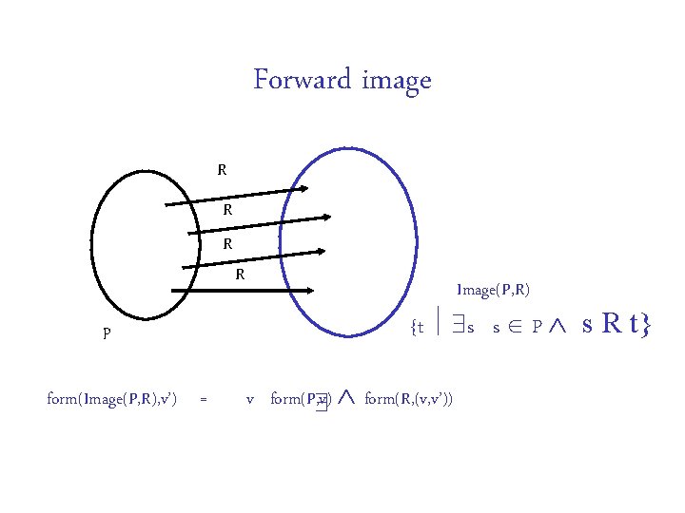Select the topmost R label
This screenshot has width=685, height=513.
(222, 171)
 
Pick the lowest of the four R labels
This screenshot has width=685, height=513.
(242, 275)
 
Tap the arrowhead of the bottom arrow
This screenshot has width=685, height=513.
(321, 252)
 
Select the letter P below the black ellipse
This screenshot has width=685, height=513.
(108, 334)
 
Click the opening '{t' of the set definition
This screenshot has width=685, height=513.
(415, 329)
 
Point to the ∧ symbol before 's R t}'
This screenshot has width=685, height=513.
(559, 327)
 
